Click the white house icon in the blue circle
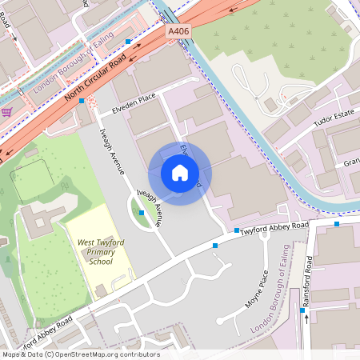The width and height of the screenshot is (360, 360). tap(179, 173)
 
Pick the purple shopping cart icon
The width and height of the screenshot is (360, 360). tap(6, 112)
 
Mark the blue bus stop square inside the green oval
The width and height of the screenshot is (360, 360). tap(142, 213)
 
